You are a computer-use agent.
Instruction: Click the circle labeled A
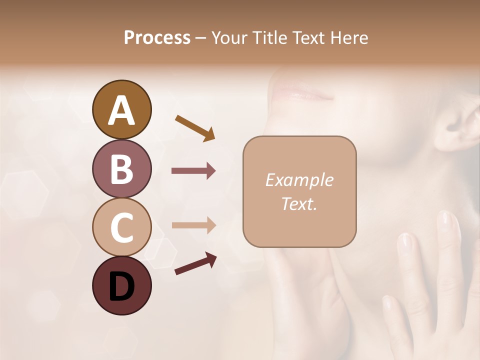(x=121, y=110)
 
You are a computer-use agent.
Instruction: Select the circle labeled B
(x=121, y=168)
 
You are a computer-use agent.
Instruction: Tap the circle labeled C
(x=121, y=227)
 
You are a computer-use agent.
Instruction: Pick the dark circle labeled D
(x=121, y=285)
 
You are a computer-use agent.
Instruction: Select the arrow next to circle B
(x=193, y=171)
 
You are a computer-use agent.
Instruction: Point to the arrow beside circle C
(x=193, y=226)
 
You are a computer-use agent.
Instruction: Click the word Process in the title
(x=157, y=37)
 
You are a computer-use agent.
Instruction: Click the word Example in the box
(x=299, y=180)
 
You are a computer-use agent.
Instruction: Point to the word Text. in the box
(x=299, y=203)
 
